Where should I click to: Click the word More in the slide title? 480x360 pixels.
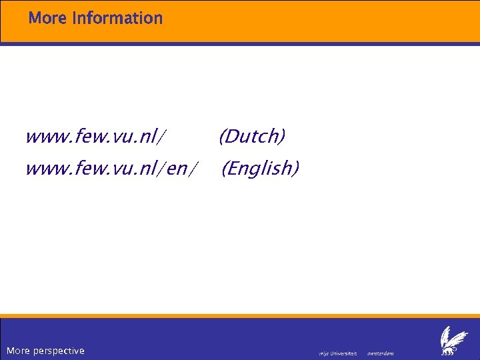point(48,18)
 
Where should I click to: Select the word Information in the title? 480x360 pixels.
point(117,18)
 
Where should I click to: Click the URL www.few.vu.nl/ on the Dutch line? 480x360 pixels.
point(96,137)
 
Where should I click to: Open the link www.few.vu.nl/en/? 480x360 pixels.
point(111,168)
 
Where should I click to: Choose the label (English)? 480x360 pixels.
point(261,168)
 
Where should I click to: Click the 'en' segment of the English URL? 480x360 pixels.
point(177,169)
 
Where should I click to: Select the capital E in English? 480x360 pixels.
point(233,168)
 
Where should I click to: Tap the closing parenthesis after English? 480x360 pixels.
point(296,168)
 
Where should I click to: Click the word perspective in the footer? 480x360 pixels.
point(58,351)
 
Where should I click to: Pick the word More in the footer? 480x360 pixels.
point(17,351)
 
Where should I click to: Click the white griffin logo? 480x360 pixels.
point(454,341)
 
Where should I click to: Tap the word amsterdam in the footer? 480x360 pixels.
point(381,353)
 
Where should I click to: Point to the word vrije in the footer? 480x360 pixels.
point(325,353)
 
